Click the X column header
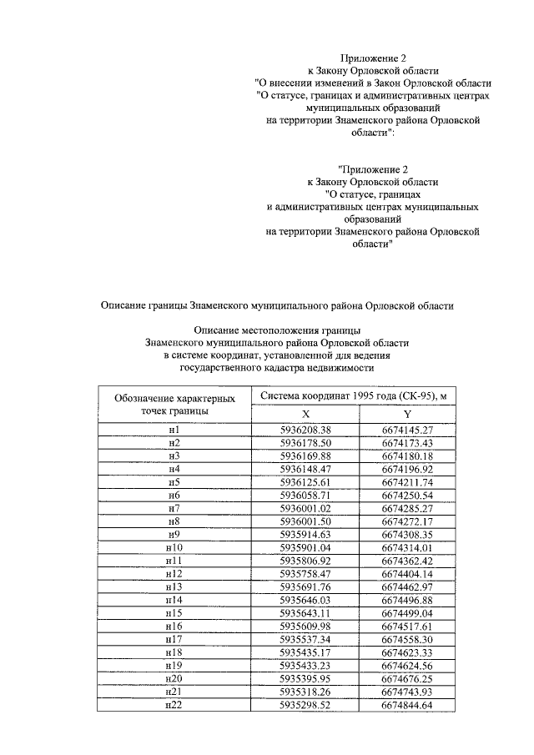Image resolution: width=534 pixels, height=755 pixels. [305, 415]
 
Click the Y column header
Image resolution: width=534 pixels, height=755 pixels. [407, 415]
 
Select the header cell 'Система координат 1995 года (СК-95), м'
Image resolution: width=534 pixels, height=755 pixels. [356, 395]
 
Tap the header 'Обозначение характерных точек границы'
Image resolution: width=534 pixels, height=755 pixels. [174, 404]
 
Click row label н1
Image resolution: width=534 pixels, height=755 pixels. [174, 430]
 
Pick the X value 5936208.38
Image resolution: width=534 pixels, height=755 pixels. [305, 430]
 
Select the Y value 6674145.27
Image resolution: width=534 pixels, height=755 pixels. [407, 430]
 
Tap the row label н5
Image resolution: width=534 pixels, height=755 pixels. [174, 482]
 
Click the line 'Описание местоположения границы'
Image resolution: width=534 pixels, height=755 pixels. [276, 331]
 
